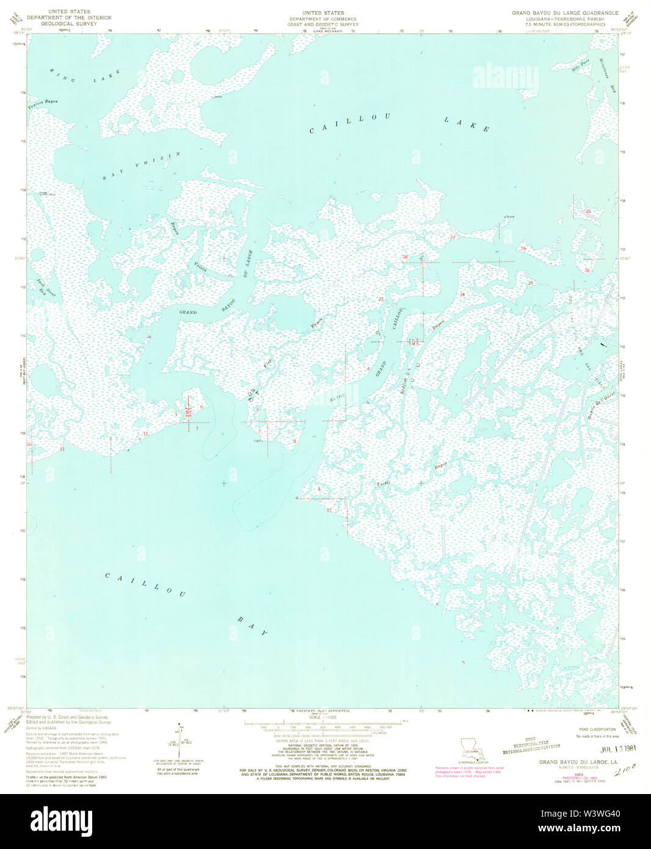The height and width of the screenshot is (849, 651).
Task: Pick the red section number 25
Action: point(589,211)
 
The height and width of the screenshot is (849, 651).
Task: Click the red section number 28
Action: point(405,257)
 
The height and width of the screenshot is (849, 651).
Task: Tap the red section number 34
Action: point(462,295)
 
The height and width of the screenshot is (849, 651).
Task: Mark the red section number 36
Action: point(587,270)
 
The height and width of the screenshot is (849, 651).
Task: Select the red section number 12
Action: point(145,434)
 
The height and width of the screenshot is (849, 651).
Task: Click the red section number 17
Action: point(329,510)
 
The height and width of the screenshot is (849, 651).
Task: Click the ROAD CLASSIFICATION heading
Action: point(597,729)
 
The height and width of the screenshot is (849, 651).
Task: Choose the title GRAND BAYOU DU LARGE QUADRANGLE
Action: point(565,13)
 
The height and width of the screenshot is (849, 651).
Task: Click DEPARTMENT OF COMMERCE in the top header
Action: point(323,19)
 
